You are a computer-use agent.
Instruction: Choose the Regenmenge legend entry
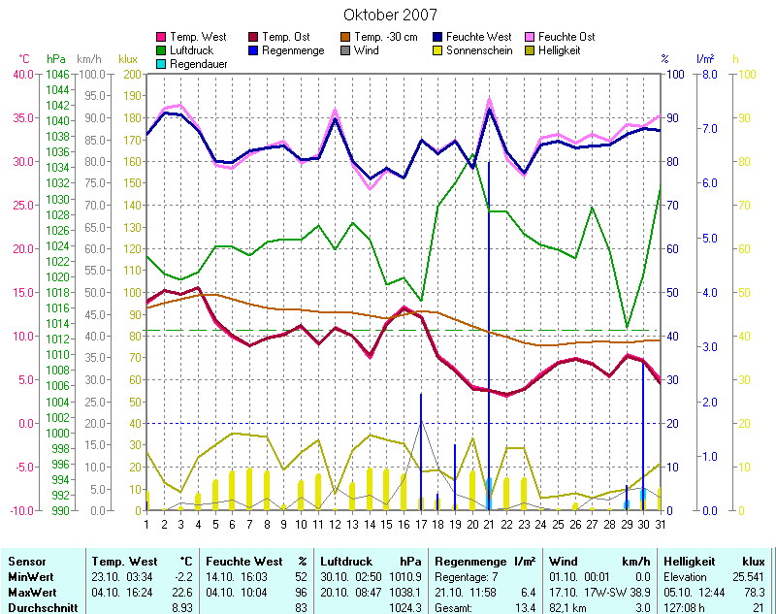(292, 49)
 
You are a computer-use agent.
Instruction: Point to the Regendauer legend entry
(200, 63)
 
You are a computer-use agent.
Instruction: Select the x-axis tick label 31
(661, 524)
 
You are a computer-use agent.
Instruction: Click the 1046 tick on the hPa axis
(58, 74)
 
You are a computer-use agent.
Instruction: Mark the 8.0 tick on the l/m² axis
(709, 74)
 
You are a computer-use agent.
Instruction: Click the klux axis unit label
(127, 59)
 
